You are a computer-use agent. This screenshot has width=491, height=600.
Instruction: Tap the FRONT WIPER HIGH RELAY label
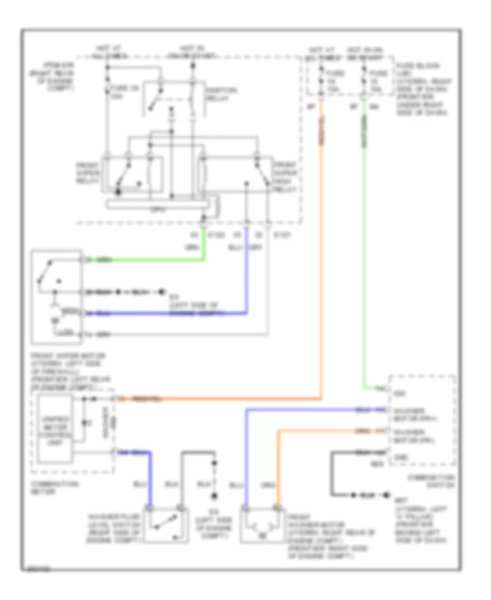tap(284, 176)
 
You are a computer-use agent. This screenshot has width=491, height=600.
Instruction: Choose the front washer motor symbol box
tap(263, 525)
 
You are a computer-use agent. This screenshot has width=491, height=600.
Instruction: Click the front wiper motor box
tap(57, 297)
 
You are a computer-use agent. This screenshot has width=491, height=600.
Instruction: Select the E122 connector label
tap(216, 235)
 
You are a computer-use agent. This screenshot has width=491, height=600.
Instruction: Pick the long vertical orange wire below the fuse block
tap(321, 245)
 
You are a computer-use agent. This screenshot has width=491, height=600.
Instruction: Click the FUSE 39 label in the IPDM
tap(120, 91)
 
